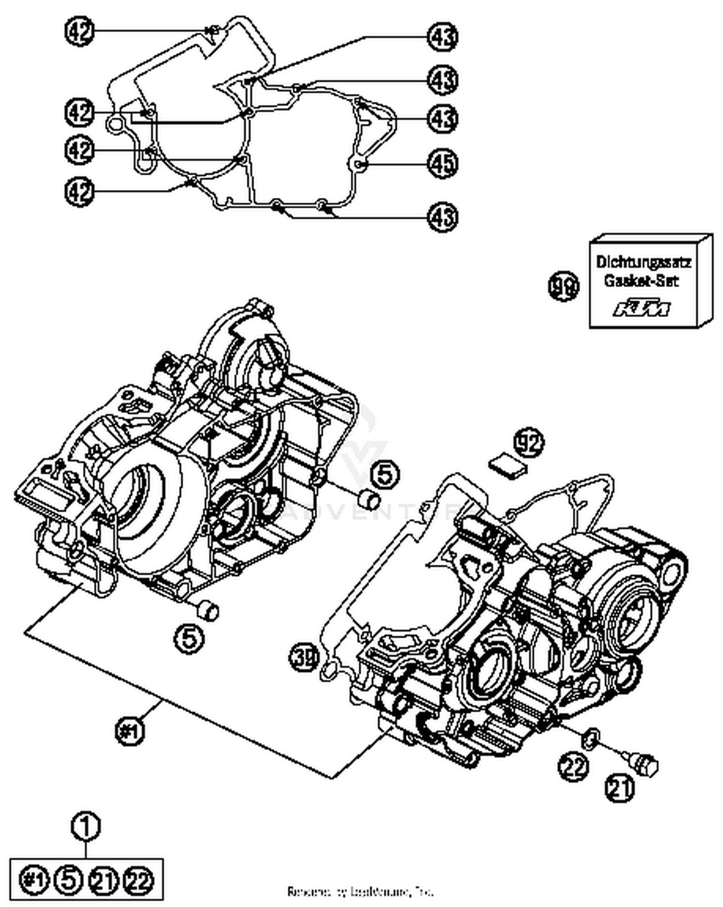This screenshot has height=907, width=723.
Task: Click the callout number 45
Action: [442, 163]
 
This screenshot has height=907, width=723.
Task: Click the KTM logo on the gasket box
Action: [642, 308]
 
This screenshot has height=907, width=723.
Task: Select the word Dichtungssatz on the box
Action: [643, 262]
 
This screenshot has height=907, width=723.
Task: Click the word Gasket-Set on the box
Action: [641, 280]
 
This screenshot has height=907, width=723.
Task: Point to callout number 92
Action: [529, 442]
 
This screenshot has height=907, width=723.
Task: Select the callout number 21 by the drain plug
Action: [620, 788]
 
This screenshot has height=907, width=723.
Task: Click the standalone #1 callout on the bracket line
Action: [130, 731]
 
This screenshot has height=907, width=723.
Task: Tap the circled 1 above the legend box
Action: [86, 827]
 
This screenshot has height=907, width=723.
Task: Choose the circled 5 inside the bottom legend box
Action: [69, 880]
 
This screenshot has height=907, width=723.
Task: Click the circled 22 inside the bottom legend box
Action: [138, 880]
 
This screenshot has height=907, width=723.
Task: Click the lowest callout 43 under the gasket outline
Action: [442, 216]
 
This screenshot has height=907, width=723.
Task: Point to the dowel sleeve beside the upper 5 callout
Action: [370, 499]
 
